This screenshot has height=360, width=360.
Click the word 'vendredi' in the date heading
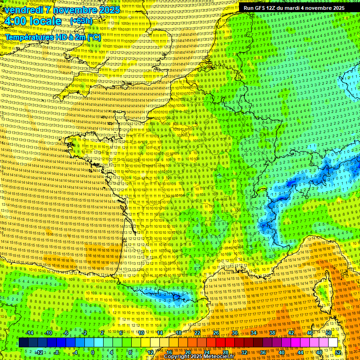click(x=23, y=9)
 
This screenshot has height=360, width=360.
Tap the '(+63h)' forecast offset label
click(x=81, y=21)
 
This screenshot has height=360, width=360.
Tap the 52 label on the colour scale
click(x=338, y=352)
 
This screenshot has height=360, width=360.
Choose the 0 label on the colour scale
click(x=93, y=352)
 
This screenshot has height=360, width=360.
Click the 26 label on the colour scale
click(x=216, y=333)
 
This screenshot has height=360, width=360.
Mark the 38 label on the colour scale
click(x=272, y=333)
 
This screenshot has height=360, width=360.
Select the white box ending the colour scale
click(x=333, y=343)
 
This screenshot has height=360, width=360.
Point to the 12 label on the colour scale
click(x=150, y=352)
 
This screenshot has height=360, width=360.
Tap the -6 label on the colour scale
click(x=66, y=333)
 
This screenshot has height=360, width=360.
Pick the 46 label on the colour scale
click(x=309, y=333)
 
